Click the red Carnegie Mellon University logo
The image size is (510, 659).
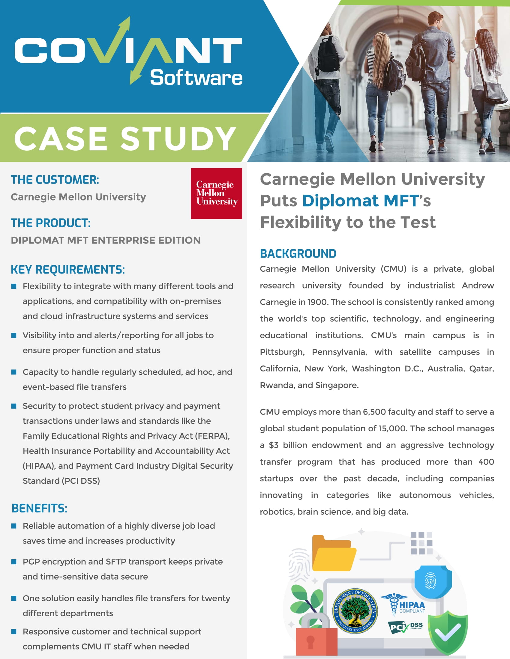click(216, 194)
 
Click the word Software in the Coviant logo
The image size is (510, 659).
click(196, 78)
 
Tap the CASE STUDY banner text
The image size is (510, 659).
click(125, 138)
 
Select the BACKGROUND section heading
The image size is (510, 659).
click(298, 254)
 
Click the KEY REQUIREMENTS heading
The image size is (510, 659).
click(68, 270)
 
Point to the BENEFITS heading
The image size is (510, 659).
click(39, 508)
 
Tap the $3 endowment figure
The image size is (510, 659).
click(273, 445)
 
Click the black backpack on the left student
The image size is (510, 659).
click(328, 54)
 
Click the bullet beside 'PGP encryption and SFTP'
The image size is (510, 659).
click(13, 562)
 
